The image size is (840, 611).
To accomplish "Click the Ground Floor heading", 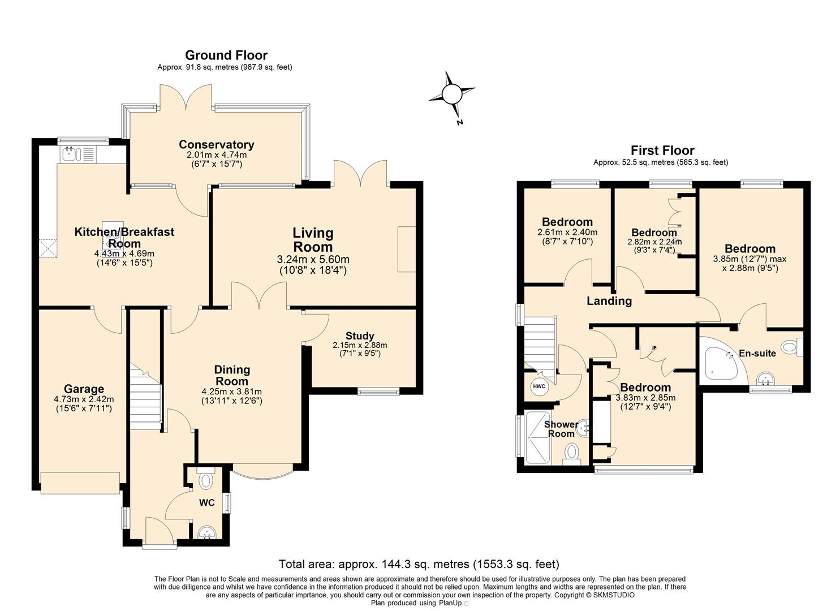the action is pos(226,55).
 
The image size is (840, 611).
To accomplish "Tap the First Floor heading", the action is pos(662,150).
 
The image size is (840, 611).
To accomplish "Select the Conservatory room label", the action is pos(217,144).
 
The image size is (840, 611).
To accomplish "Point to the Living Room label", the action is pos(313,240).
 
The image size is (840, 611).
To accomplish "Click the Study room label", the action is pos(360,335).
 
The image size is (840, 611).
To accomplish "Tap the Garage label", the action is pos(84,389).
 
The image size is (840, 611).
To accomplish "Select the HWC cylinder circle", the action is pos(539,386).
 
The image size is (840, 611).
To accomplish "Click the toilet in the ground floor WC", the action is pos(205,479).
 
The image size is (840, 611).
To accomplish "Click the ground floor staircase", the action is pos(145,398).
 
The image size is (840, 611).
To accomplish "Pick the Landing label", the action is pos(609,301).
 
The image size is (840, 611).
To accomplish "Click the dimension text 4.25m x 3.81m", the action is pos(232,391).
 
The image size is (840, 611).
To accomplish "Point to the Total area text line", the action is pos(419,563).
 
